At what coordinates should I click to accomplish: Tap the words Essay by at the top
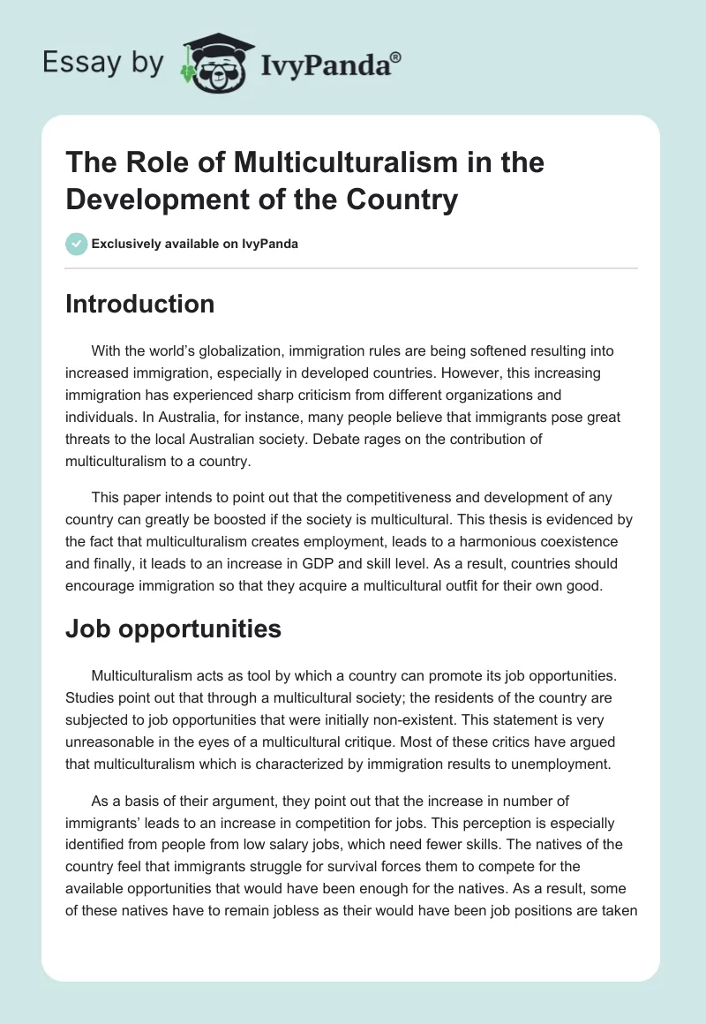click(x=103, y=64)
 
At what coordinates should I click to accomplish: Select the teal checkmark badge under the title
click(x=77, y=244)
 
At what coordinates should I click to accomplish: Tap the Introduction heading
click(x=140, y=304)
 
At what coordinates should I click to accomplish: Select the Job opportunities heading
click(x=174, y=629)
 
